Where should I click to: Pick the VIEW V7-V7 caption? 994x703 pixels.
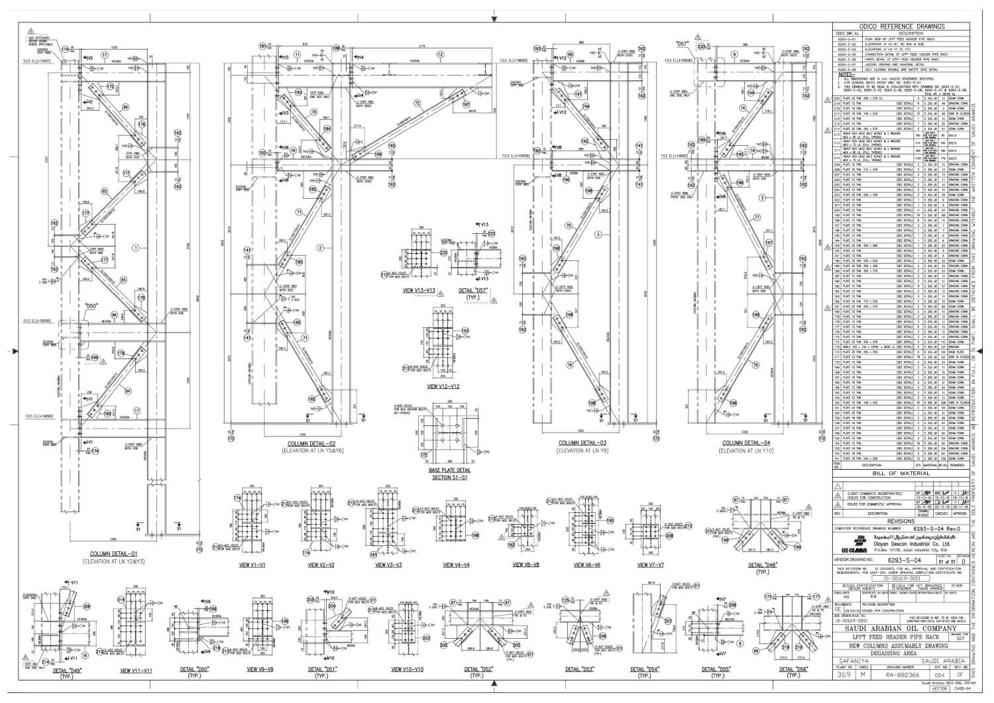pos(651,565)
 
